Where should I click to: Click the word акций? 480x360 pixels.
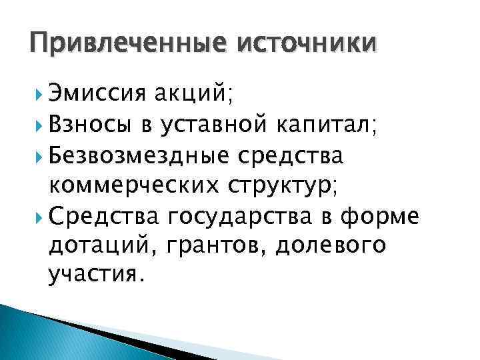tap(189, 95)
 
